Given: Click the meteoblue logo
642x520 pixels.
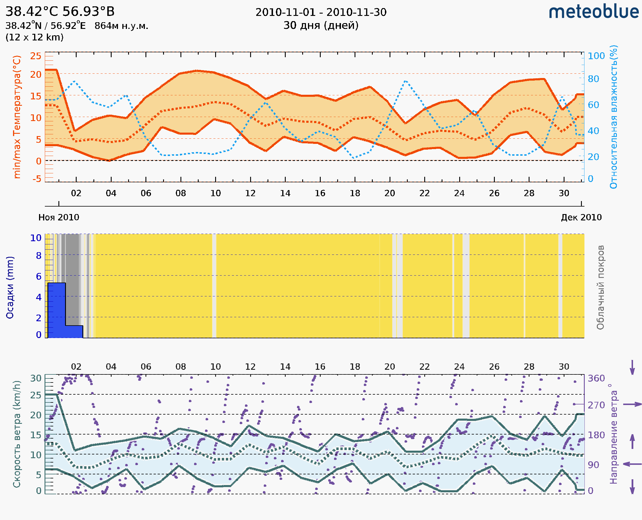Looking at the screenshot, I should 594,12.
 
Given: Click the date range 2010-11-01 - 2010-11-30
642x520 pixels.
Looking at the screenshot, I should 321,12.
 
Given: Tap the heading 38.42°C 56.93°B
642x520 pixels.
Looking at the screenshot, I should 60,12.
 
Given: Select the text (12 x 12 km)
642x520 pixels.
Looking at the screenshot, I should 34,38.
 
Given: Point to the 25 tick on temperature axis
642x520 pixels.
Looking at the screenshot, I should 36,56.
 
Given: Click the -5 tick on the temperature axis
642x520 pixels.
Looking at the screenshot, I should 37,179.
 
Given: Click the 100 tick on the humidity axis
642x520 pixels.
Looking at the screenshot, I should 596,56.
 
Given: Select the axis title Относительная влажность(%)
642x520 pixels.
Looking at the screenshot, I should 613,117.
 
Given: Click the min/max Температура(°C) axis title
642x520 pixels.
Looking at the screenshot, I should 17,117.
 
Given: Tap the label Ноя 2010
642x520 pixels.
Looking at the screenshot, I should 59,217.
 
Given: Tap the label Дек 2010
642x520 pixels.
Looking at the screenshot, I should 581,217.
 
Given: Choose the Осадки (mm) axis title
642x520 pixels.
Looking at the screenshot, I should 10,287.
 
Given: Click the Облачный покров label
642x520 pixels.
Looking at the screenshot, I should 600,287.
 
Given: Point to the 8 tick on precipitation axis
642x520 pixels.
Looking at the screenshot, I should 39,256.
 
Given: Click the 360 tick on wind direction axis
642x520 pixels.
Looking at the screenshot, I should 596,378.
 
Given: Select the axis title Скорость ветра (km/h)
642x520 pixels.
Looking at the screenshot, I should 17,434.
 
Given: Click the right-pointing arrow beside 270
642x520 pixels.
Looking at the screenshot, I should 632,404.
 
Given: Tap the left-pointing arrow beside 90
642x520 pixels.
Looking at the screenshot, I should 632,464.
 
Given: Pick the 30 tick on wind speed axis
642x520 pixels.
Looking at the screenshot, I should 36,378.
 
